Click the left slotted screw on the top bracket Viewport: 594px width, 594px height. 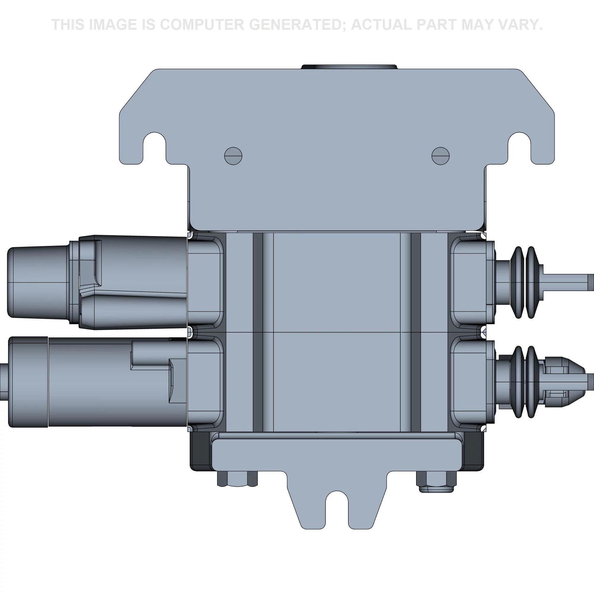point(233,156)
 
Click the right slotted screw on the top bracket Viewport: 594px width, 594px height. point(440,156)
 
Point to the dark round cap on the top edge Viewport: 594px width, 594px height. point(349,67)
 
